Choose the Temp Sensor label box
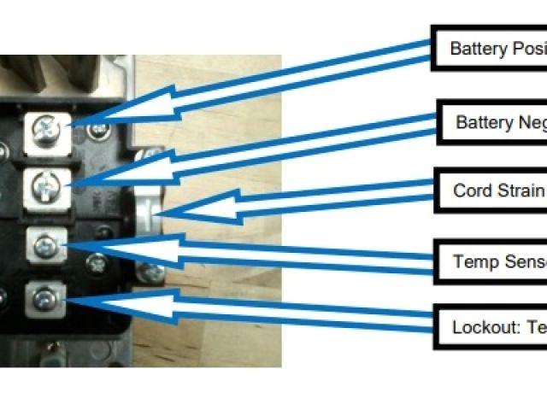pyautogui.click(x=491, y=261)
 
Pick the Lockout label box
pyautogui.click(x=491, y=325)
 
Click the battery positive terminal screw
pyautogui.click(x=44, y=129)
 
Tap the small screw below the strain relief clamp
pyautogui.click(x=152, y=272)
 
